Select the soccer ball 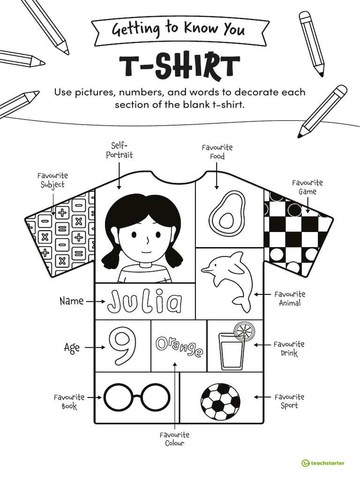220,402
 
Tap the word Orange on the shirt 179,346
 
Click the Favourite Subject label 52,180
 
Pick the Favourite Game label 307,187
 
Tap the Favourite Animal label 290,299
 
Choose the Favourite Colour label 174,439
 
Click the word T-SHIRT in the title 180,67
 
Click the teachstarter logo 323,463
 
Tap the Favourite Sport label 289,401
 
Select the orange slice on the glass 244,331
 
